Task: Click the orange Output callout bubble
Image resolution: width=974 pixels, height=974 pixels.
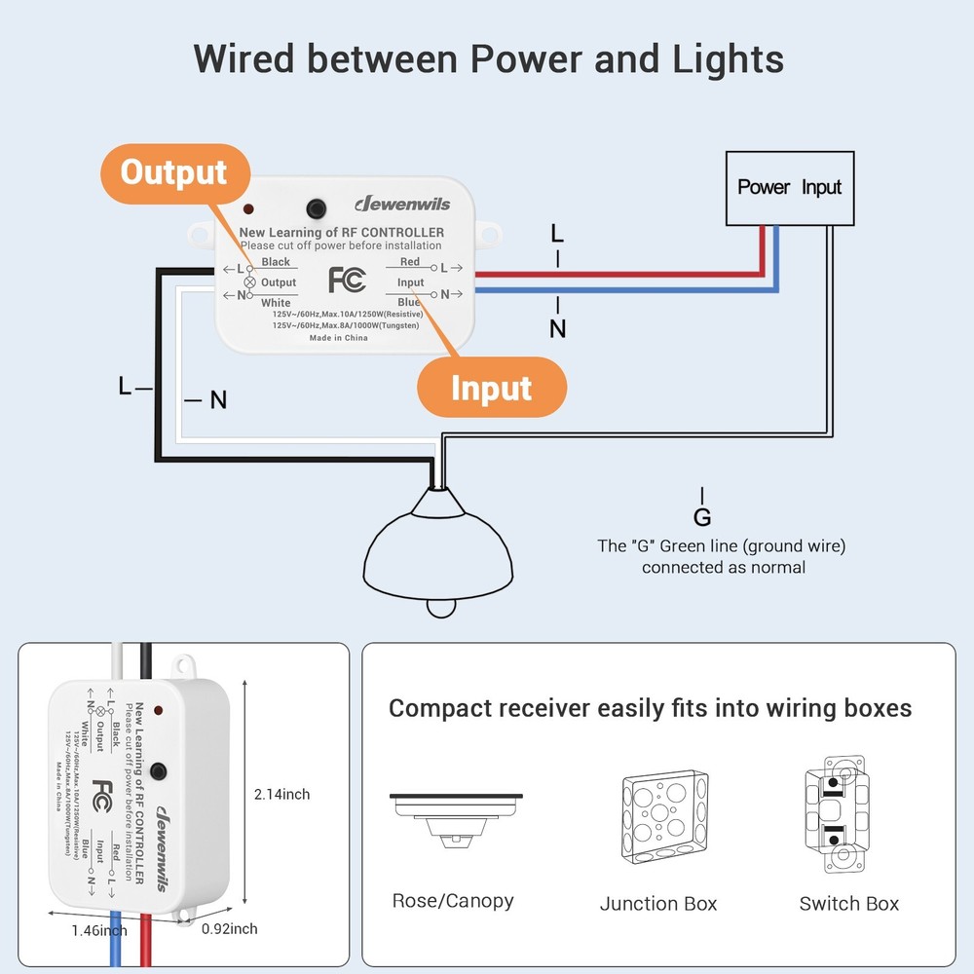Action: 173,173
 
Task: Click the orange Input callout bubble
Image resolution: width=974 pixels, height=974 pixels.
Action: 491,388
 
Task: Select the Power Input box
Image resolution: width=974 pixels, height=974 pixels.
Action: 789,187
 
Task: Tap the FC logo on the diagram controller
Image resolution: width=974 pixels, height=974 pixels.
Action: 347,280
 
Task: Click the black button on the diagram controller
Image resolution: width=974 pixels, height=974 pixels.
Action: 316,208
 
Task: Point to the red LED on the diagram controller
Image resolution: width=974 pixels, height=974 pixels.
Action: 250,209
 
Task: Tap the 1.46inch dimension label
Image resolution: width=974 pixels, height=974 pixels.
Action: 98,931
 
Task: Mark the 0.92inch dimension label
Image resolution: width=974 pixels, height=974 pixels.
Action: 230,929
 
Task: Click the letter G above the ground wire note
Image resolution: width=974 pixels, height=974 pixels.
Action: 702,517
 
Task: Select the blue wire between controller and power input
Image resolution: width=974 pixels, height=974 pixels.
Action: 623,290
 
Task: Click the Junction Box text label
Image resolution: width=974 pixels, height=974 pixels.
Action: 658,904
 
